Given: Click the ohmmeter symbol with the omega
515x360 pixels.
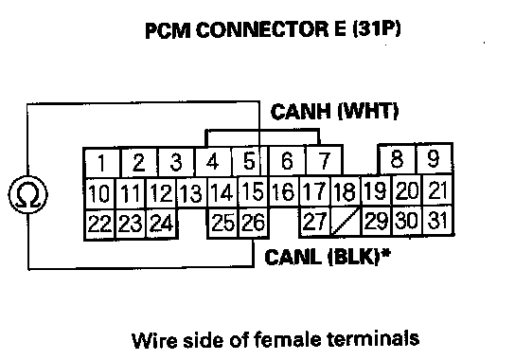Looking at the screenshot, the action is point(27,194).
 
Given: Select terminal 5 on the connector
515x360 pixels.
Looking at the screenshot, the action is point(250,161).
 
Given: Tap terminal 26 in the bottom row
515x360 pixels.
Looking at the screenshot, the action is point(253,222).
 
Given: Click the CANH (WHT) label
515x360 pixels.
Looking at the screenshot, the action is point(334,112).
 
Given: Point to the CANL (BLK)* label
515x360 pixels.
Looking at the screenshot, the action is point(328,257).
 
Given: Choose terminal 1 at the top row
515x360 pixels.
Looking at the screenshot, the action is point(102,163).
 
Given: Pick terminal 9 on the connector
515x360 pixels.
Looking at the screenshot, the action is point(435,158).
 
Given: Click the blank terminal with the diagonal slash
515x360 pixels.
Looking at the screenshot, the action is point(346,221).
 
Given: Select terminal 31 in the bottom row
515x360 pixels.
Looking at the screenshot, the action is point(437,220).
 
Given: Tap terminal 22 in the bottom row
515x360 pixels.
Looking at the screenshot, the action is point(99,225).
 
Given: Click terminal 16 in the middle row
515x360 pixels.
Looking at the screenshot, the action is point(283,191).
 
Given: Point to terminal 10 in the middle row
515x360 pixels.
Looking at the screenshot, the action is point(99,193).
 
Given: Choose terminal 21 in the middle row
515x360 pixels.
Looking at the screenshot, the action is point(437,190).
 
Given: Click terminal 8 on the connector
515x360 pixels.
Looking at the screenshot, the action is point(397,158).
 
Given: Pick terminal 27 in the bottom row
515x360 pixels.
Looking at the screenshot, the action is point(314,221).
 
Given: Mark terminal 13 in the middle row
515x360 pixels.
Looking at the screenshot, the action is point(192,193).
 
